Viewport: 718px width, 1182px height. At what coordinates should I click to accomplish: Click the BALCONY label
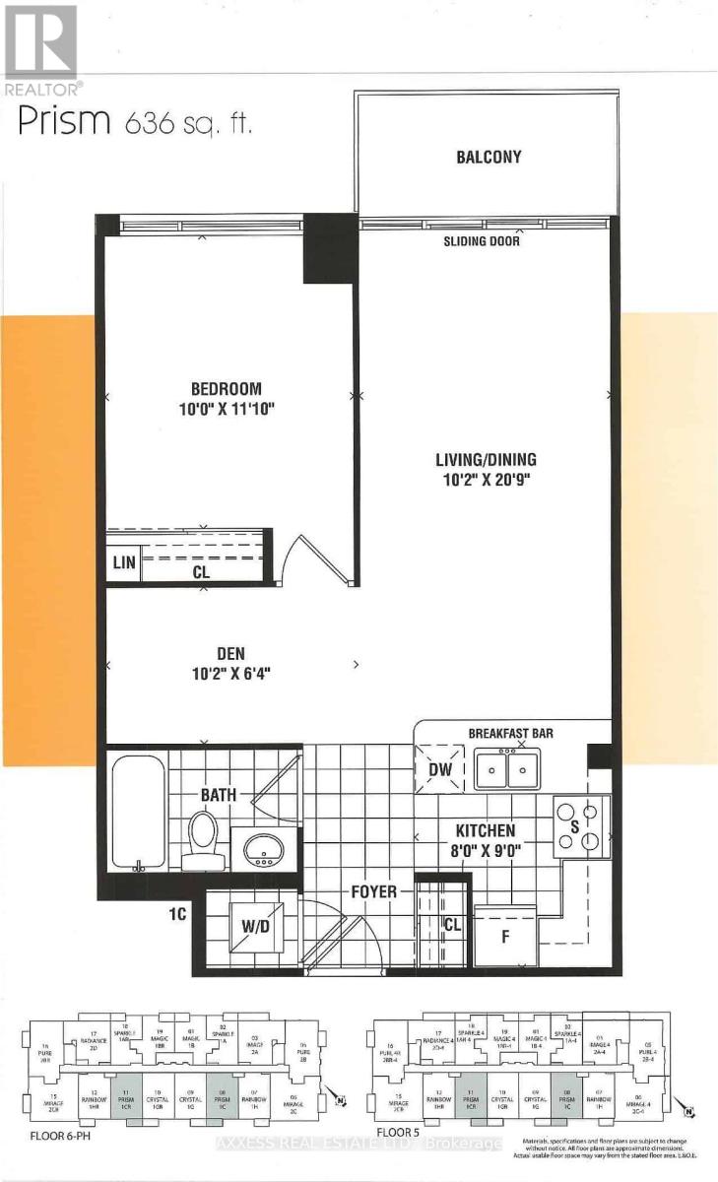489,157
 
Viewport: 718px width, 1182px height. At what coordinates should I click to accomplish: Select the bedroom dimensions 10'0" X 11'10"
227,407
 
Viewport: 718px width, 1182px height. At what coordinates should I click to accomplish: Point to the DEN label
231,653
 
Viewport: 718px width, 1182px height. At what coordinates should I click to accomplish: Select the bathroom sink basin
262,845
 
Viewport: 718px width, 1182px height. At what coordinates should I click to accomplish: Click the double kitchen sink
507,768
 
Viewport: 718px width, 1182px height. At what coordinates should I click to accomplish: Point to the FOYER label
374,892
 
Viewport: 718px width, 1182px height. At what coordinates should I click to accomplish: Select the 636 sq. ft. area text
188,124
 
